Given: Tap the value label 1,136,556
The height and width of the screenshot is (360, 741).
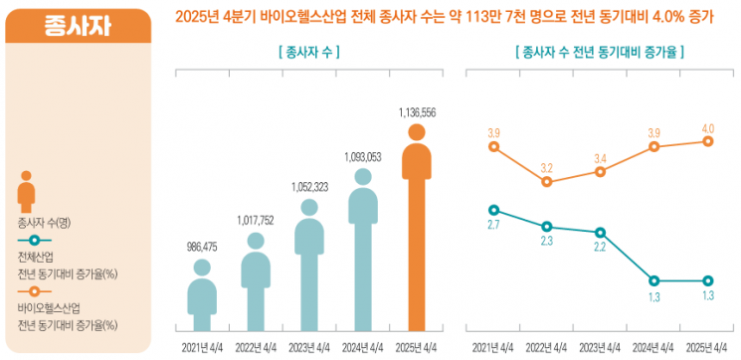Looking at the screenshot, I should coord(416,111).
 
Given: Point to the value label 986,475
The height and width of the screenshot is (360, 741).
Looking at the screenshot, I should coord(202,245).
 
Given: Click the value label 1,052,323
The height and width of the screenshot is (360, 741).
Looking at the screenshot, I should coord(309,187).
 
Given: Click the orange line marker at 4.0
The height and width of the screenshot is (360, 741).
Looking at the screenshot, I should coord(707,141).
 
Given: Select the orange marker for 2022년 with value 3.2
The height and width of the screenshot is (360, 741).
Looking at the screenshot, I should coord(546,182).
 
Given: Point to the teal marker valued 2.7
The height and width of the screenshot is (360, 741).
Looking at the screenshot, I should coord(492,210).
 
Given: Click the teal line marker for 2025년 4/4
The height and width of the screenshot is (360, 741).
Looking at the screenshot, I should coord(707,280).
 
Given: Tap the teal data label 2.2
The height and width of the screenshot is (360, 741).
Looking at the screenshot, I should coord(600,247).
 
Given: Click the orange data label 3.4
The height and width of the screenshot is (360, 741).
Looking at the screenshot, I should coord(600,157).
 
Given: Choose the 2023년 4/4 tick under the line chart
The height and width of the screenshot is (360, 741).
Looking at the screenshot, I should coord(600,346).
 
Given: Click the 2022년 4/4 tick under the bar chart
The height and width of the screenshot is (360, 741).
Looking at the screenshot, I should coord(256,346).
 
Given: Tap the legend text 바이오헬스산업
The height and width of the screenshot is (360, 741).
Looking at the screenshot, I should coord(49,308).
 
